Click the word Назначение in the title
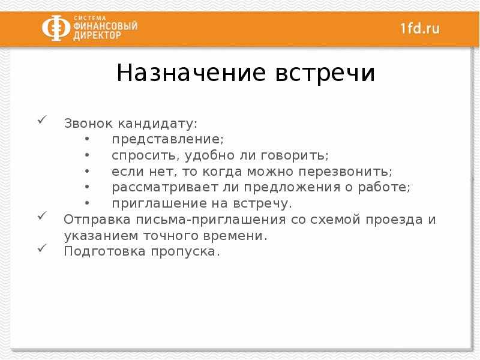pyautogui.click(x=191, y=73)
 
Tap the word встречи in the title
pyautogui.click(x=325, y=74)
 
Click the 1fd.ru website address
pyautogui.click(x=420, y=28)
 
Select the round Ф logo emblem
pyautogui.click(x=56, y=28)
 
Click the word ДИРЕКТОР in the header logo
pyautogui.click(x=97, y=35)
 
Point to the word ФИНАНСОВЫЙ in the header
pyautogui.click(x=106, y=26)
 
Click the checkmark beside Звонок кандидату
pyautogui.click(x=42, y=119)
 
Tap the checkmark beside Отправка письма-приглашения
pyautogui.click(x=42, y=215)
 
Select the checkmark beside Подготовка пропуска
pyautogui.click(x=42, y=248)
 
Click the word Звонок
pyautogui.click(x=88, y=124)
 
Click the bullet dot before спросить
pyautogui.click(x=87, y=155)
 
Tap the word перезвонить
pyautogui.click(x=346, y=172)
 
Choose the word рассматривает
pyautogui.click(x=165, y=188)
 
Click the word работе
pyautogui.click(x=384, y=187)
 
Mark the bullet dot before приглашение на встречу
pyautogui.click(x=87, y=203)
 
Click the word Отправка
pyautogui.click(x=97, y=220)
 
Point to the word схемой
pyautogui.click(x=335, y=220)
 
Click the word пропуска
pyautogui.click(x=185, y=252)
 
